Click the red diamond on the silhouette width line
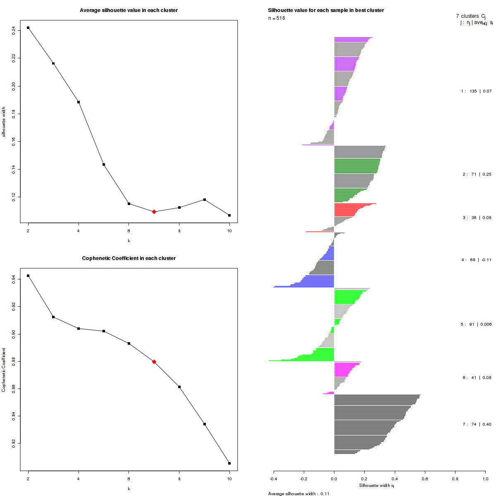[154, 212]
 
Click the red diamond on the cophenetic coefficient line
[154, 362]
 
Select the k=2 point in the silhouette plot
[28, 28]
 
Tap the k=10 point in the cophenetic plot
[229, 463]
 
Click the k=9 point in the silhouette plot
[205, 200]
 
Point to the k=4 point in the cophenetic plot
[79, 329]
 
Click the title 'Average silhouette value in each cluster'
[129, 10]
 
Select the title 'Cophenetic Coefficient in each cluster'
[129, 258]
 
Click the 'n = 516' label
[277, 18]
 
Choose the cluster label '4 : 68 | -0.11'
[476, 260]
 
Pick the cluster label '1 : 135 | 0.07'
[476, 91]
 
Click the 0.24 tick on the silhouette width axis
[14, 30]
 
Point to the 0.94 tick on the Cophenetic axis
[14, 280]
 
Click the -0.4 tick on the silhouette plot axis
[274, 479]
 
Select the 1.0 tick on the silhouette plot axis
[485, 479]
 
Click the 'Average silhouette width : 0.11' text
[299, 494]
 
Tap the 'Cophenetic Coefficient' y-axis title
[3, 370]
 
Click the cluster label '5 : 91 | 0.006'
[476, 324]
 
